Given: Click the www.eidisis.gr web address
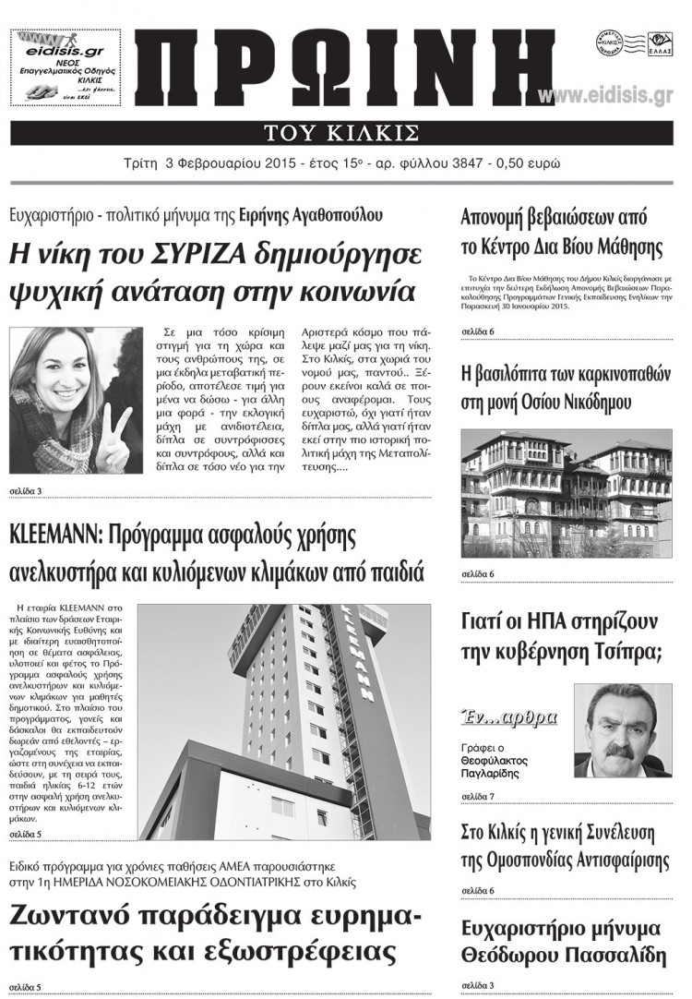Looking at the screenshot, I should coord(605,96).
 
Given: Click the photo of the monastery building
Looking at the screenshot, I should coord(567,494).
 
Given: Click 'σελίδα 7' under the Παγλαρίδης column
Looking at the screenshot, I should coord(478,796).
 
